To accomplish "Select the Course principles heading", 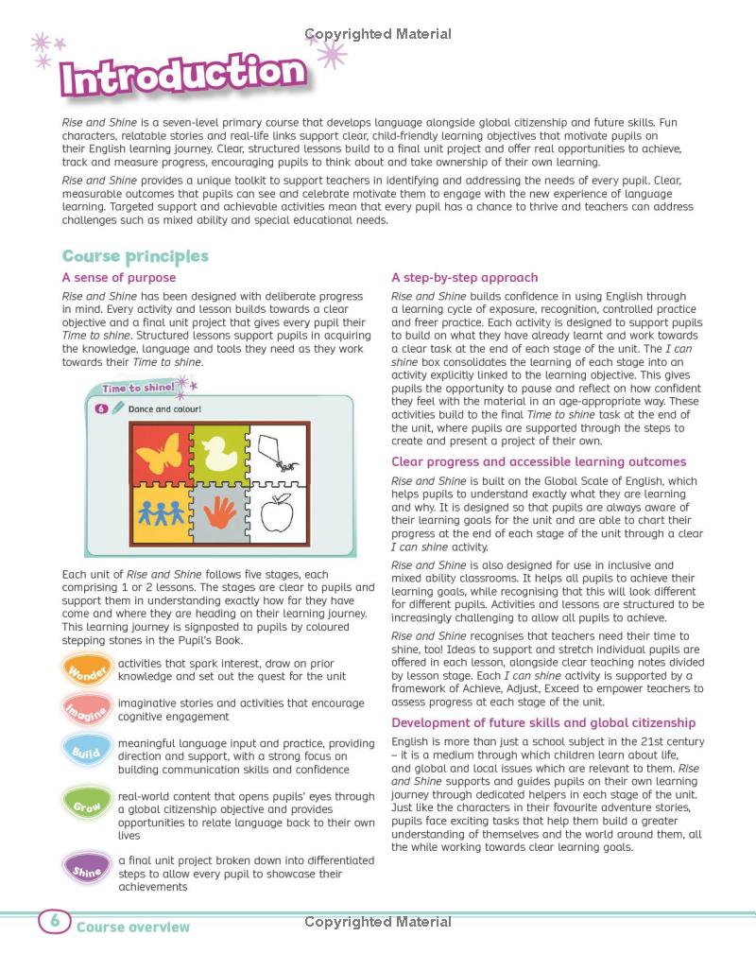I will point(135,256).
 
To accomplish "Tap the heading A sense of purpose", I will point(119,277).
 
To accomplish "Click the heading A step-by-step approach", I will point(465,277).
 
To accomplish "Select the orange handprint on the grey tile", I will point(219,512).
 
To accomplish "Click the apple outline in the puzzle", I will point(276,512).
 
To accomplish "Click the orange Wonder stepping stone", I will point(87,669).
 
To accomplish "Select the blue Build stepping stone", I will point(87,752).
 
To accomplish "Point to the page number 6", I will point(55,921).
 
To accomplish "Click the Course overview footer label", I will point(133,928).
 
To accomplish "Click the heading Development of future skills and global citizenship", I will point(543,722).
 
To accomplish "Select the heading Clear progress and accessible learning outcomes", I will point(539,461).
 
